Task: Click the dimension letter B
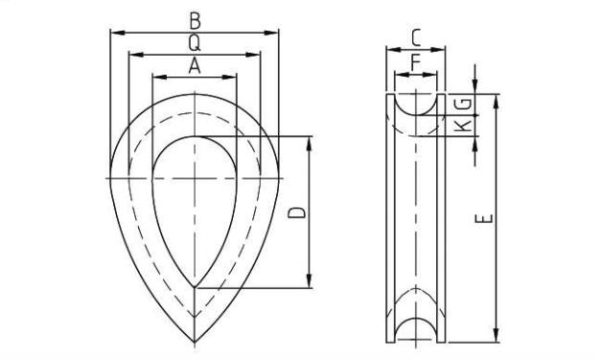click(195, 21)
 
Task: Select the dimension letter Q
click(195, 43)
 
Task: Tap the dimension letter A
click(195, 66)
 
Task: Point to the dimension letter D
click(297, 213)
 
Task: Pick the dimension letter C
click(416, 38)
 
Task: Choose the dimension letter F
click(416, 62)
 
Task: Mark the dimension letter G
click(464, 103)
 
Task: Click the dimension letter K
click(464, 125)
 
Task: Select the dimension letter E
click(485, 219)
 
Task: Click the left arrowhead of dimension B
click(117, 33)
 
